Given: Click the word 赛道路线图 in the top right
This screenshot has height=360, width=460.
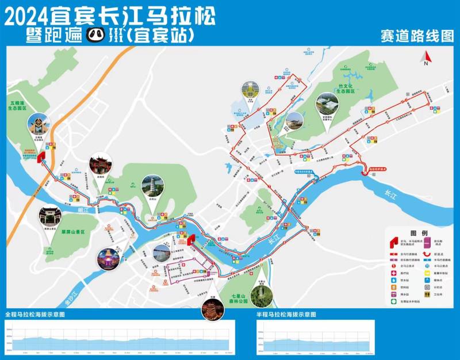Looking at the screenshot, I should click(x=417, y=36).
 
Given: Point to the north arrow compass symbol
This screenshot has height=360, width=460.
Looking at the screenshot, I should click(x=426, y=58).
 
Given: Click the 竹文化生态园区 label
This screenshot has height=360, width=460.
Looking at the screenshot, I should click(x=347, y=89).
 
